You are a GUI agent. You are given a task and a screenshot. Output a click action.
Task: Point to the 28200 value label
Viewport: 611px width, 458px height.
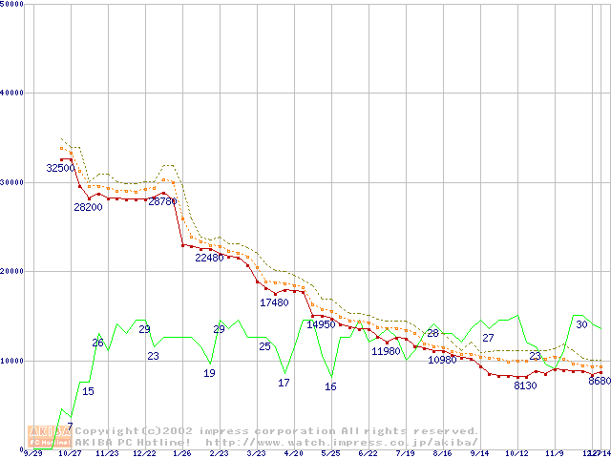tap(88, 208)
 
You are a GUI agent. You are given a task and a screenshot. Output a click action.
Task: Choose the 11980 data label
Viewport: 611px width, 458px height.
tap(386, 351)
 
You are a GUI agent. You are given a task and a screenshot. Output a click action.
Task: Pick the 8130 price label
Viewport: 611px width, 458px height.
tap(525, 386)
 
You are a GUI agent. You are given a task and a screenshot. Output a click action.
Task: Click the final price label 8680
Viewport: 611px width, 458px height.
tap(600, 381)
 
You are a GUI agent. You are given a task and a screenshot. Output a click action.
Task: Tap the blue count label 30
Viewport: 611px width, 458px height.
tap(581, 324)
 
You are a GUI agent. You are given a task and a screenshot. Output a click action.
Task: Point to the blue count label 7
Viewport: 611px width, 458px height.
tap(70, 427)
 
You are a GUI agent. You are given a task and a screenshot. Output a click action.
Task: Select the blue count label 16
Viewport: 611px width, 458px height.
tap(330, 386)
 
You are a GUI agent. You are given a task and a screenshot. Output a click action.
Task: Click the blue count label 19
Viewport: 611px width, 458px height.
tap(209, 373)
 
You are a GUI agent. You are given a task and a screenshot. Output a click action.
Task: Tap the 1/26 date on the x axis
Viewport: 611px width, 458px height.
tap(180, 453)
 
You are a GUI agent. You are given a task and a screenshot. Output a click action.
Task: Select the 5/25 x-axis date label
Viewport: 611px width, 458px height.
tap(330, 453)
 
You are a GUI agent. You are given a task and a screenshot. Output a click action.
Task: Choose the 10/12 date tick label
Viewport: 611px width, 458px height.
tap(516, 453)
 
